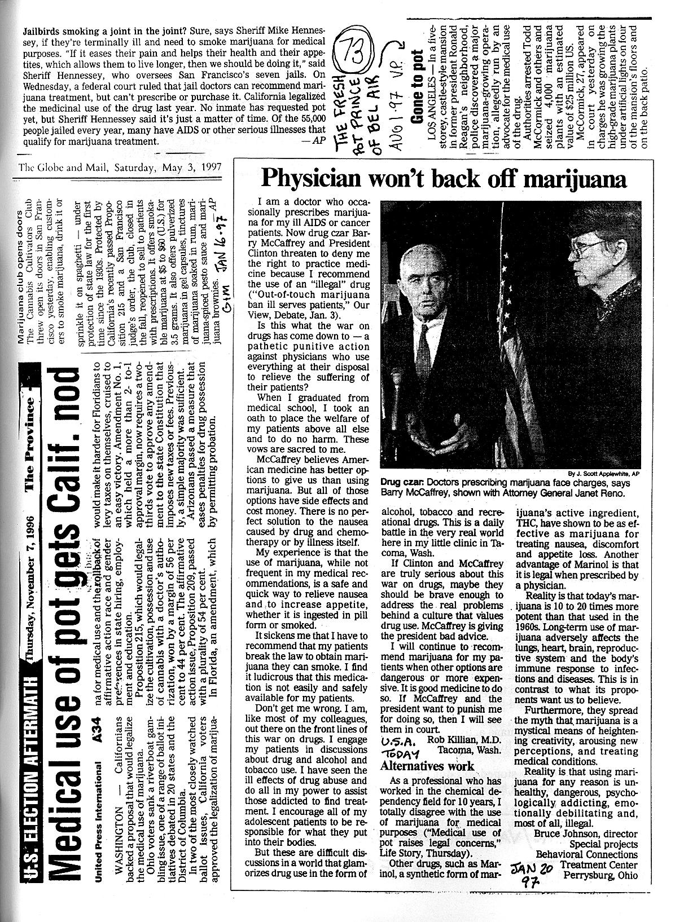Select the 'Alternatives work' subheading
tap(427, 766)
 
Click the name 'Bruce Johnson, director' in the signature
tap(586, 833)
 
